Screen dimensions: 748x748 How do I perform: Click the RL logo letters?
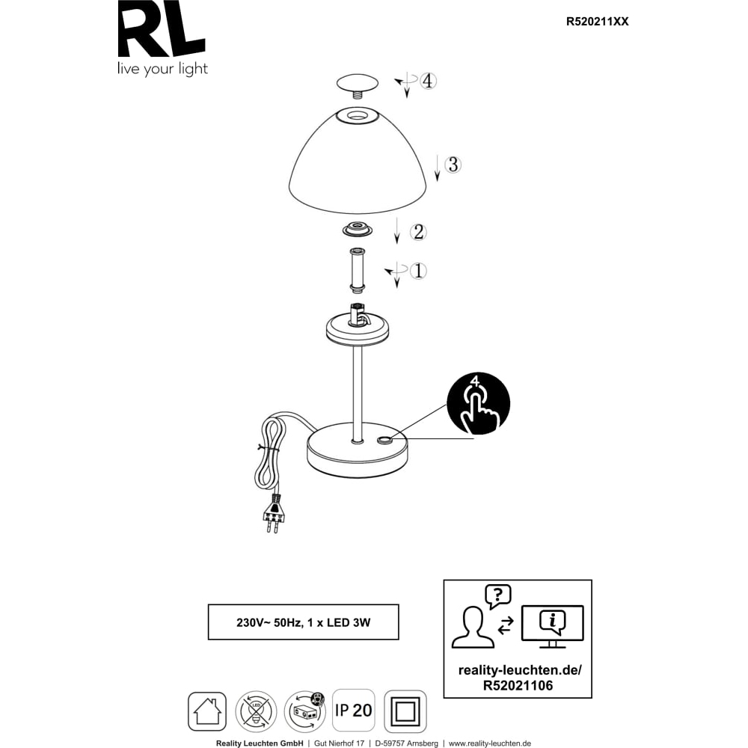(161, 31)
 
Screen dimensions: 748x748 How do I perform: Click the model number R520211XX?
(597, 22)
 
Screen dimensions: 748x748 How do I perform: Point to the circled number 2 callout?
(418, 232)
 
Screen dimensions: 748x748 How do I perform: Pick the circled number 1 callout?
(418, 271)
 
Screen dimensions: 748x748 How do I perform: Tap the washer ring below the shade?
(358, 228)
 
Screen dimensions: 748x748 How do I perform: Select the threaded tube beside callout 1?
(357, 269)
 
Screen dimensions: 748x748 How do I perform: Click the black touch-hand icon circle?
(479, 404)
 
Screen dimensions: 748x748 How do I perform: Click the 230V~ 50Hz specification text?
(303, 622)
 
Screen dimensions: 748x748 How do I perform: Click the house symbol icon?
(207, 711)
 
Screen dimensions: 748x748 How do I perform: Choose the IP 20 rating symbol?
(354, 710)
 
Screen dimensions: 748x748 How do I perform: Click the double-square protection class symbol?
(405, 711)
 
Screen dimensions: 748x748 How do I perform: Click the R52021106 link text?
(518, 685)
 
